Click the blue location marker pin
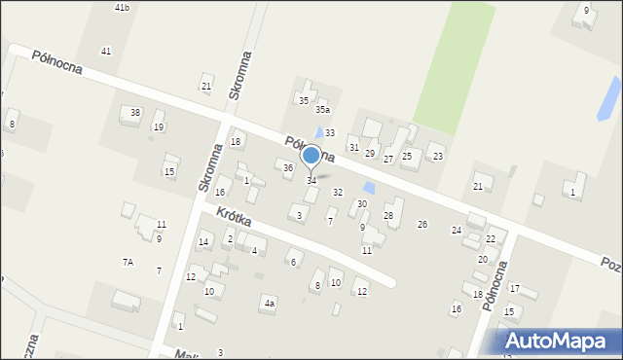click(311, 156)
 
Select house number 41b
click(122, 8)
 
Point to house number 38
click(135, 113)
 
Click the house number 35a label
click(322, 111)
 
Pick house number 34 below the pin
click(311, 181)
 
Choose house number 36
click(288, 167)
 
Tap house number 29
click(370, 154)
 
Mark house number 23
click(438, 157)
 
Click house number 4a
click(270, 304)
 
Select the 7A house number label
click(128, 262)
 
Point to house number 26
click(422, 225)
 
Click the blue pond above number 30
click(368, 186)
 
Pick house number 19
click(159, 127)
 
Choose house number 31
click(353, 147)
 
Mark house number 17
click(514, 288)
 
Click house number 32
click(338, 193)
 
